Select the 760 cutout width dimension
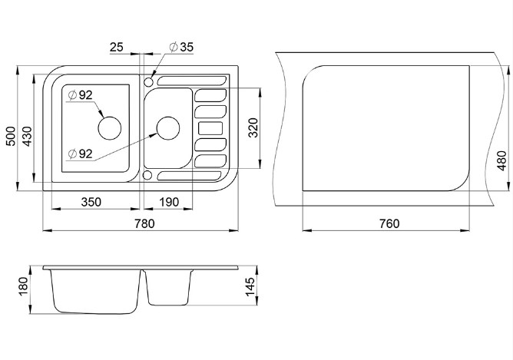point(389,223)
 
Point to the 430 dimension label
point(28,137)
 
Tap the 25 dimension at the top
point(116,48)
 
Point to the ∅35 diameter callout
point(180,48)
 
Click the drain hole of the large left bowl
point(109,125)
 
